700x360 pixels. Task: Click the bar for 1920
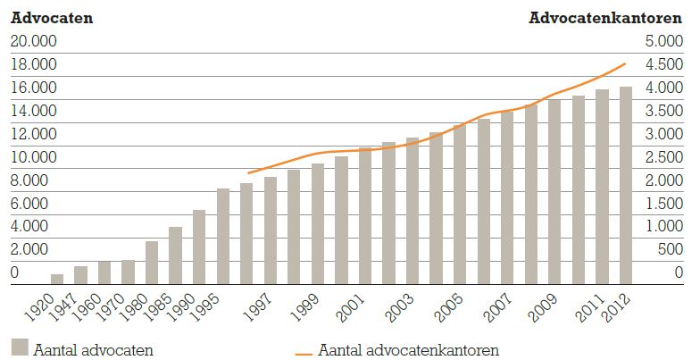click(57, 278)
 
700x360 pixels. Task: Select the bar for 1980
click(152, 262)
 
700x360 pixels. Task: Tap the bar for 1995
click(223, 236)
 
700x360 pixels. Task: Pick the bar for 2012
click(626, 184)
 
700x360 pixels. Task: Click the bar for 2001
click(365, 215)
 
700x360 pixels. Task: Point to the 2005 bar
click(460, 204)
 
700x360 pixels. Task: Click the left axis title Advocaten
click(52, 17)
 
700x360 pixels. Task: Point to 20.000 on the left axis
click(33, 41)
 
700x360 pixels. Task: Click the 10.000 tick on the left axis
click(33, 157)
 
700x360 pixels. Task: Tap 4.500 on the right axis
click(666, 64)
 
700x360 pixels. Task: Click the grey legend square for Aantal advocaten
click(19, 347)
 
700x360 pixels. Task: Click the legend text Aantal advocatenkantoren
click(408, 348)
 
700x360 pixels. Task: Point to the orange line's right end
click(625, 63)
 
